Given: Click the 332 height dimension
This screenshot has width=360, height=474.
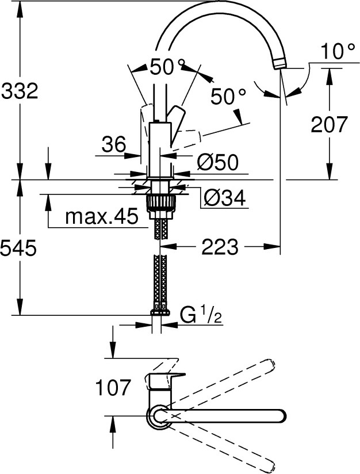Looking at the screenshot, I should click(20, 91).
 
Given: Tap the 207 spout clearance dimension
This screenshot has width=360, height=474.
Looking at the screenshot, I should click(330, 124).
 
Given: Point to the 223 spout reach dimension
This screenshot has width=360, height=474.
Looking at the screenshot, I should click(220, 247).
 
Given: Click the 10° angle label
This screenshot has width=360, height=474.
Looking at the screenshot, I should click(338, 52).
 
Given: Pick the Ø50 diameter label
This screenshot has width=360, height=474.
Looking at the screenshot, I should click(217, 162).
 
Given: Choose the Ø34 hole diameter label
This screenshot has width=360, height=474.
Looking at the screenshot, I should click(224, 198).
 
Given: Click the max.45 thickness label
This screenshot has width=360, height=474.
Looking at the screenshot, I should click(102, 217).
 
